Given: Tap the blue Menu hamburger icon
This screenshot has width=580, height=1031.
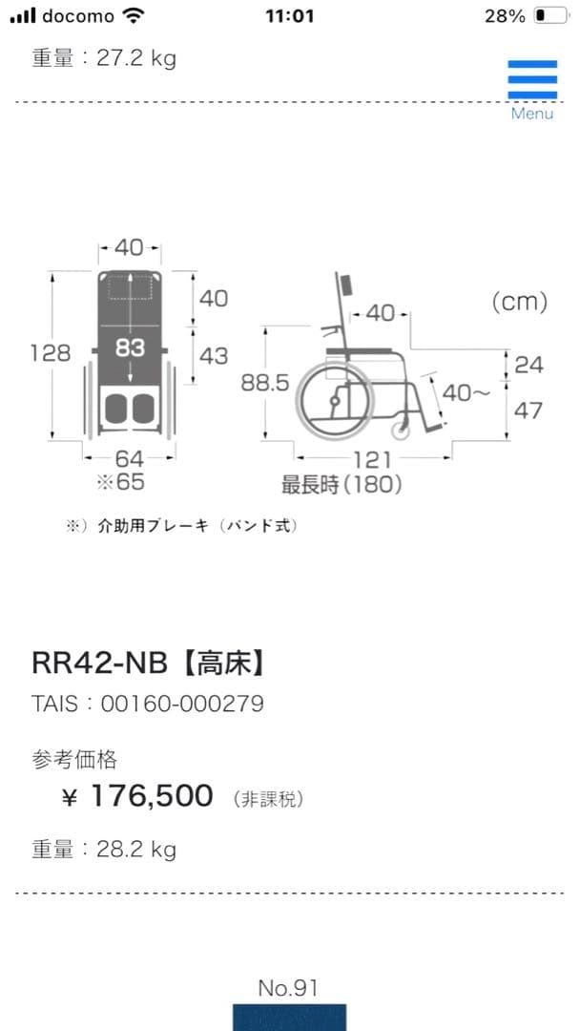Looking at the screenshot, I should point(532,80).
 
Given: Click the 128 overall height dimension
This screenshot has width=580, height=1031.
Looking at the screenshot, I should point(50,352).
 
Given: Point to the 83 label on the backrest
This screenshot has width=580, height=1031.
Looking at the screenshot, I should point(131,348).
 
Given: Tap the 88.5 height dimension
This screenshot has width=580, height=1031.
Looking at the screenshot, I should point(264,383).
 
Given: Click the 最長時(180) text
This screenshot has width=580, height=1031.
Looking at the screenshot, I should point(341,485).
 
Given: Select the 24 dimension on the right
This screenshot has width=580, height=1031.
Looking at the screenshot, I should point(528,364).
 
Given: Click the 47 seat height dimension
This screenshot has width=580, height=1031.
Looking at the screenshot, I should point(528,410).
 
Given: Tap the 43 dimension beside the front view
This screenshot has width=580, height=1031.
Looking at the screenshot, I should point(214,355).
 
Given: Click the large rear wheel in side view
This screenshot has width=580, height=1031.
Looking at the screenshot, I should point(329,402).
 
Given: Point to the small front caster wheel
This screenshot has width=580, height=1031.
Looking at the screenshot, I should point(402,430).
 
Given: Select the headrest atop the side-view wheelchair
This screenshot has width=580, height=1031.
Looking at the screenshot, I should point(345,284).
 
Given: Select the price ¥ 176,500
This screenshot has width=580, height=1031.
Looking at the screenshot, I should point(138,796).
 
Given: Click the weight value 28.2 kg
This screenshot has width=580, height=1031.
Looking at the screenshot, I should point(135,849).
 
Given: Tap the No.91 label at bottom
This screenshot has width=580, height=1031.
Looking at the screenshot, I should point(288,988).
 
